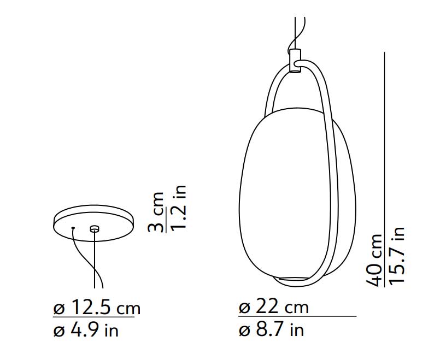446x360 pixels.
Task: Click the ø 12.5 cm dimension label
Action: click(97, 309)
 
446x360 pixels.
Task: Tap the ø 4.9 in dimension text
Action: click(86, 331)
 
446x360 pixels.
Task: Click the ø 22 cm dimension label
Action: click(273, 308)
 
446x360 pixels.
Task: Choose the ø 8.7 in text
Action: click(271, 330)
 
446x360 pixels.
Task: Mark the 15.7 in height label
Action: click(397, 255)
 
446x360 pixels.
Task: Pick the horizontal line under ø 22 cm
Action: click(297, 316)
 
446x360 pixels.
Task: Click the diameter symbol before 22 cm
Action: click(244, 308)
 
